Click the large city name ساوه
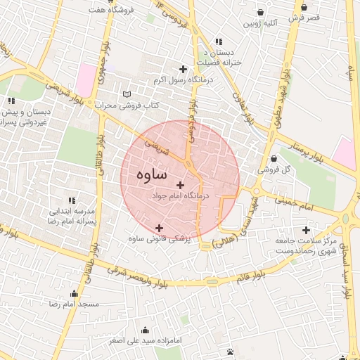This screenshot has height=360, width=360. click(153, 173)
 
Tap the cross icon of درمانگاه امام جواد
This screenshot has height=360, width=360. click(181, 185)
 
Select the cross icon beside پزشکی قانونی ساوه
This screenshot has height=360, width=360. click(160, 228)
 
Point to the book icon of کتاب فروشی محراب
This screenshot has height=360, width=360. click(127, 94)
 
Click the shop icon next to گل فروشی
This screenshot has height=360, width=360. click(273, 158)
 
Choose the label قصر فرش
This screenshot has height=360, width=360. click(304, 16)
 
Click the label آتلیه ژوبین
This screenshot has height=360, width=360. click(261, 24)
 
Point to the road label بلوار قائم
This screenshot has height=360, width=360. click(246, 275)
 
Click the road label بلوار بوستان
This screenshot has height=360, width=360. click(302, 148)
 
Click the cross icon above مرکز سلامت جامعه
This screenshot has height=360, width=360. click(306, 230)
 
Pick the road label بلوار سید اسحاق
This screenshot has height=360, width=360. click(347, 271)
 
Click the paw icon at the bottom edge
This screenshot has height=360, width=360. click(231, 352)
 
